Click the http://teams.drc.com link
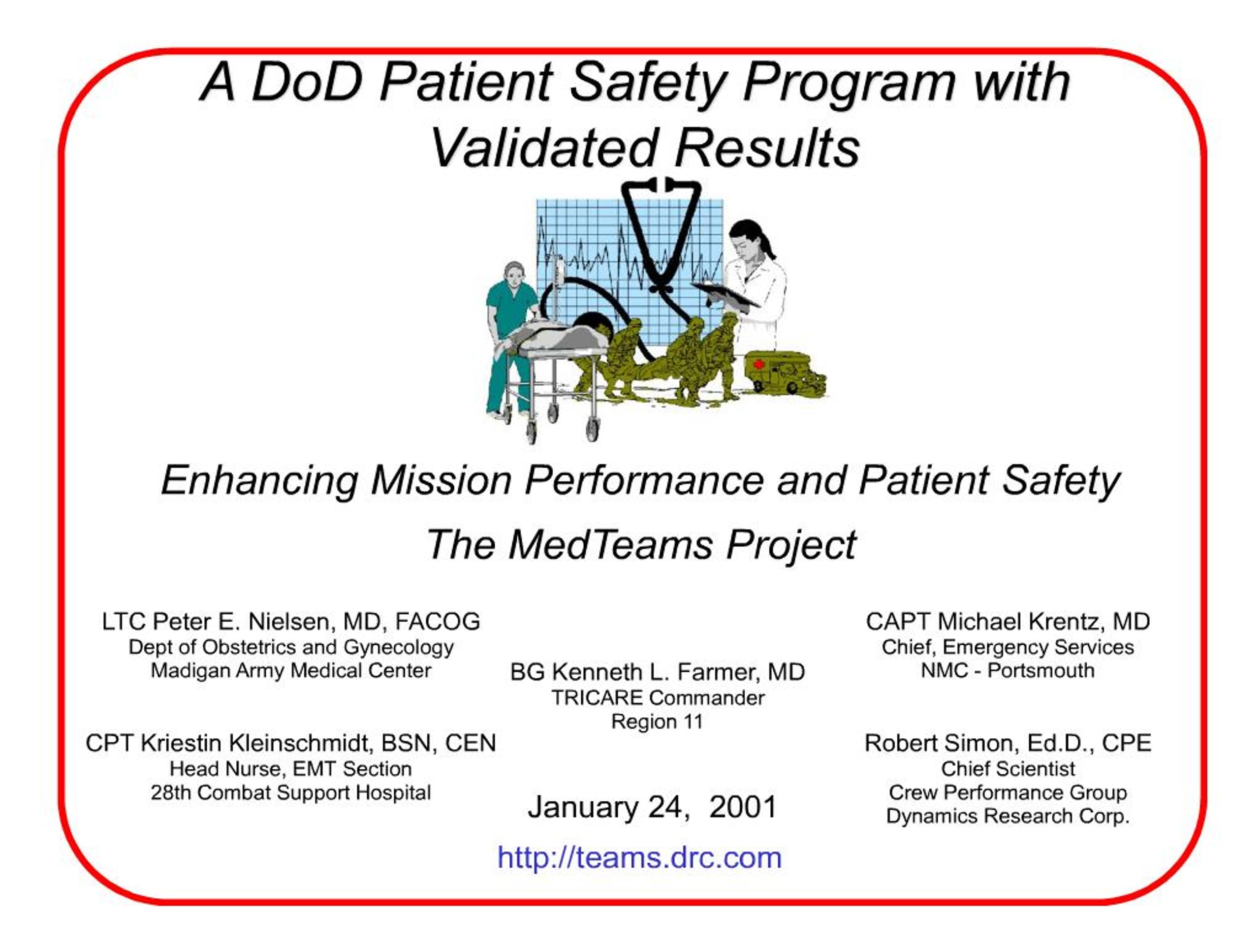pyautogui.click(x=639, y=858)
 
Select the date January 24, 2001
pyautogui.click(x=652, y=807)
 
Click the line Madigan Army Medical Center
pyautogui.click(x=290, y=670)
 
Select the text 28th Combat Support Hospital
pyautogui.click(x=290, y=792)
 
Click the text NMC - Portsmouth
pyautogui.click(x=1008, y=670)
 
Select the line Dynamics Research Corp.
pyautogui.click(x=1008, y=816)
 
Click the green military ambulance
pyautogui.click(x=781, y=372)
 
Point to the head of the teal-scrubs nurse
pyautogui.click(x=514, y=276)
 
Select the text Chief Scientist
pyautogui.click(x=1008, y=768)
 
